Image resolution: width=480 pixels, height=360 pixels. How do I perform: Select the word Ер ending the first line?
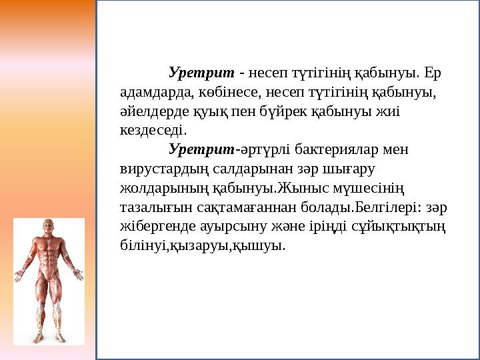[433, 71]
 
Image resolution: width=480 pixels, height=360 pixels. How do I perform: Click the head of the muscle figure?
[48, 227]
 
